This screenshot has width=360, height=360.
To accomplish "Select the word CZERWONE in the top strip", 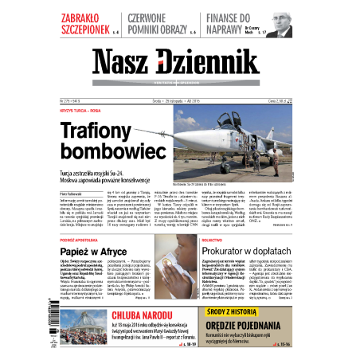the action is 155,16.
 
